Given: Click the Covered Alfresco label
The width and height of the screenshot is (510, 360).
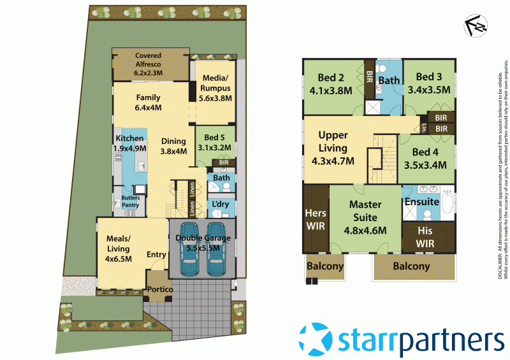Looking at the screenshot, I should (x=148, y=64).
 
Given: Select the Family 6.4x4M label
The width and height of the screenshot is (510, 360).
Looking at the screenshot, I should (x=148, y=103).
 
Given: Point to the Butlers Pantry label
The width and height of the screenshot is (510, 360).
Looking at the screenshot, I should (x=131, y=201).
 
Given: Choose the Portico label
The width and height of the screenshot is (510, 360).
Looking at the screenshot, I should (x=159, y=289).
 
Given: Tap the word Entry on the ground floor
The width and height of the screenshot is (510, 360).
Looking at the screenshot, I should (x=156, y=255).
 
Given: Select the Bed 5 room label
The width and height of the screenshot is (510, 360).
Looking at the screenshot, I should (x=216, y=142).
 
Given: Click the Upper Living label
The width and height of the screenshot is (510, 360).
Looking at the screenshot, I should (x=333, y=148).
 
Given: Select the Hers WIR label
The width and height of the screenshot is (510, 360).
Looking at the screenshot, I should (x=316, y=220).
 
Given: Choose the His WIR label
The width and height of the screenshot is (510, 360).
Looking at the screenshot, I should (x=425, y=236).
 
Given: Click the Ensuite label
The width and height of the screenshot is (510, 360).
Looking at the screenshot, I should (x=422, y=202).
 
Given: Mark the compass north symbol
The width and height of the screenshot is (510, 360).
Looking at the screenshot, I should (x=474, y=25).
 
